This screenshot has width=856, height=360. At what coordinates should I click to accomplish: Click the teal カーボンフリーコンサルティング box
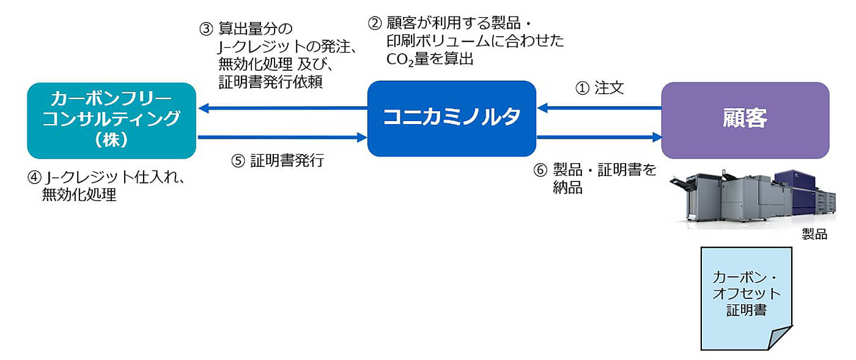[x=111, y=120]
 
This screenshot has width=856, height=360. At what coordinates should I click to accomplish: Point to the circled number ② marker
[x=374, y=24]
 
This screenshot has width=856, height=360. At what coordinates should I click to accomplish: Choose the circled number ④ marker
[x=34, y=178]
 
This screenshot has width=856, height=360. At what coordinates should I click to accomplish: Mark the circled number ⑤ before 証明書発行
[x=238, y=161]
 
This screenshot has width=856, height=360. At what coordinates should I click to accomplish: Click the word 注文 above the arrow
[x=609, y=88]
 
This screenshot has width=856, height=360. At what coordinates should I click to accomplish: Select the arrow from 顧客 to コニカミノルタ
[x=599, y=108]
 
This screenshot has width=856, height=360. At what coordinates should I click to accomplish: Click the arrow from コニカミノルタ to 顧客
[x=599, y=138]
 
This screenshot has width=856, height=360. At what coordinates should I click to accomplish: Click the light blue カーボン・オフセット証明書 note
[x=746, y=293]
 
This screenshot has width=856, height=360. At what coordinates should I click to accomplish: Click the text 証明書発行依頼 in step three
[x=270, y=82]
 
